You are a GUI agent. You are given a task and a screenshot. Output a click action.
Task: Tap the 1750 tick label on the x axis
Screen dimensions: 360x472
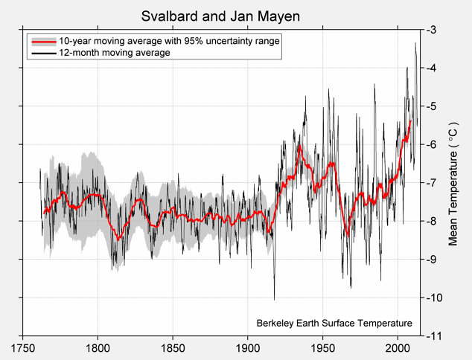click(23, 348)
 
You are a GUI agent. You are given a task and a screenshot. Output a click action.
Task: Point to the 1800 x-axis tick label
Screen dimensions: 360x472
click(98, 348)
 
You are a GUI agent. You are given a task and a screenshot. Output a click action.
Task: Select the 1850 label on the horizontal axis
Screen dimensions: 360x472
click(173, 348)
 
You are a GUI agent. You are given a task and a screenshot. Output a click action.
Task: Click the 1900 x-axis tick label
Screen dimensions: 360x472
click(247, 348)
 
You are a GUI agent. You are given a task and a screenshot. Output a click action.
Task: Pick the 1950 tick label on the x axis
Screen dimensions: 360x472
click(322, 348)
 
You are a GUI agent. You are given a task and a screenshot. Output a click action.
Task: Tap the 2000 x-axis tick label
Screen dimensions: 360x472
click(397, 348)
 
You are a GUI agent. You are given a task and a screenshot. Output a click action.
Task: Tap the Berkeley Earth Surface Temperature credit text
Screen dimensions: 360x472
click(334, 324)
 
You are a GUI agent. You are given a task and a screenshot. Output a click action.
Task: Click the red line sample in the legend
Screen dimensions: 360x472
click(42, 42)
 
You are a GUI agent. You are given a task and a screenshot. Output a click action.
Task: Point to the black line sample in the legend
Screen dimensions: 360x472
click(42, 53)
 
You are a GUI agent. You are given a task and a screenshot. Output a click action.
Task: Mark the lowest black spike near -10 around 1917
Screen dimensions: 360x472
click(274, 298)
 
